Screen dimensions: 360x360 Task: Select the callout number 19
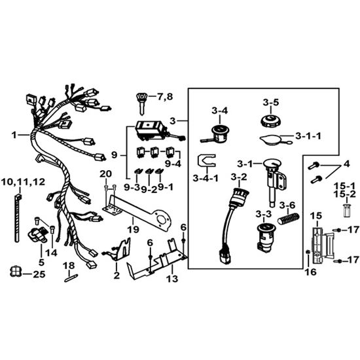(134, 229)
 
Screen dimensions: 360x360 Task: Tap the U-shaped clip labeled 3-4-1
(206, 160)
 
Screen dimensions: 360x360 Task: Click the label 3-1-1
(308, 136)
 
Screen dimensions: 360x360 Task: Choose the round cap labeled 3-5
(271, 120)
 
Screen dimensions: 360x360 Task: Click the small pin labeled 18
(71, 278)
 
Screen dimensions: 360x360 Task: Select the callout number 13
(172, 279)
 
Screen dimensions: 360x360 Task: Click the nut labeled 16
(308, 252)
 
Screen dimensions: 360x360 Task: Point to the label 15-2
(344, 194)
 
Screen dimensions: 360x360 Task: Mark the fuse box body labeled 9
(151, 130)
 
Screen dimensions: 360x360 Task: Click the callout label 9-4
(173, 164)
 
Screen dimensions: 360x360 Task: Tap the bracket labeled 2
(117, 249)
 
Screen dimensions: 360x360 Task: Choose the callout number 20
(105, 174)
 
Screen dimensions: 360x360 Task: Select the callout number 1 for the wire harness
(14, 135)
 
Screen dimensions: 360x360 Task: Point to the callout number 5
(41, 262)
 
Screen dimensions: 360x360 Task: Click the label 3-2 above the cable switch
(239, 177)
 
